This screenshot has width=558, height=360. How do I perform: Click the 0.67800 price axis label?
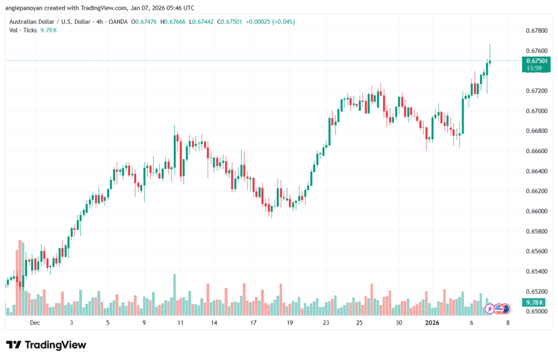(536, 30)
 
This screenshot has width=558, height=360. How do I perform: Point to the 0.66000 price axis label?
(536, 211)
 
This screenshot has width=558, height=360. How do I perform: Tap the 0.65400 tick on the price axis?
(536, 271)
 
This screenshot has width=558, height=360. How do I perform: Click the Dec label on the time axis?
(35, 323)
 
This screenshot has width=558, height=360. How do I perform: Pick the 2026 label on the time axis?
(432, 323)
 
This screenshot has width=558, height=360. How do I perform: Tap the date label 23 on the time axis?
(326, 323)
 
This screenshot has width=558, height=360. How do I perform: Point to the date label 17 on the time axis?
(253, 323)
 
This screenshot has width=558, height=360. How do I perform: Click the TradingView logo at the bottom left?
(46, 345)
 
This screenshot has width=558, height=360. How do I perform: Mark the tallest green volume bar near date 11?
(174, 295)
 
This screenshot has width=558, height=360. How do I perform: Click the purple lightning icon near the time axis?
(489, 309)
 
